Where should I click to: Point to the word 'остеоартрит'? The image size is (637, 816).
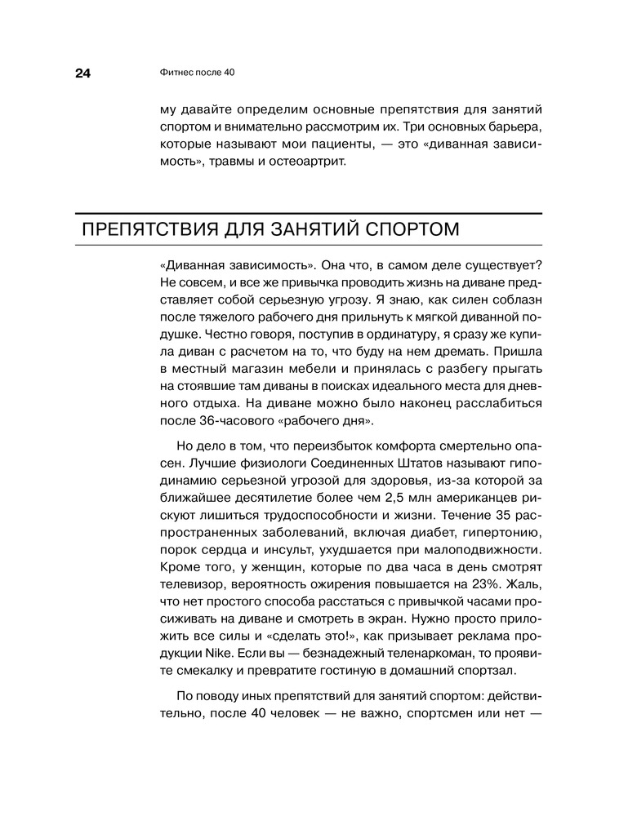pyautogui.click(x=308, y=163)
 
